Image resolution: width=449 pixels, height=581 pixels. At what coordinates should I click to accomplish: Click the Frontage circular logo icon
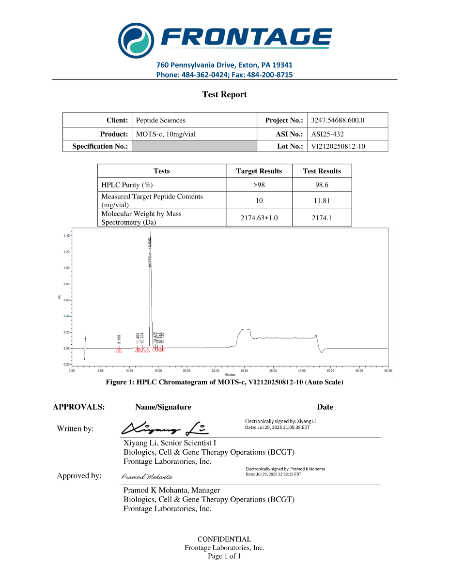[x=137, y=38]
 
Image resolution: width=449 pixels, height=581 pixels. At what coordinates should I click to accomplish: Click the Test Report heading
[x=224, y=94]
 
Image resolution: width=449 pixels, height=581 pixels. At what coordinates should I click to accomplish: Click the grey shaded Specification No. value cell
[x=194, y=146]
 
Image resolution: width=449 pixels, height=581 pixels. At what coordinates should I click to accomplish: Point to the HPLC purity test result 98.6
[x=322, y=185]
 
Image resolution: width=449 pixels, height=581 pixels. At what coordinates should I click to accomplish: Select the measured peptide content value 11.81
[x=322, y=200]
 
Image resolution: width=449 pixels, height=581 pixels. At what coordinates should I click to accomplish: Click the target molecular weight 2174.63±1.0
[x=259, y=218]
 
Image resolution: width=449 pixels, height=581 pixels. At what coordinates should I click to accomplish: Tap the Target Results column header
[x=259, y=171]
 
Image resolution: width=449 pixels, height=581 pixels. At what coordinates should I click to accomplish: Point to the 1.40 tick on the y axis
[x=66, y=236]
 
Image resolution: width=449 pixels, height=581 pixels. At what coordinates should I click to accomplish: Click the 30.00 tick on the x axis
[x=244, y=370]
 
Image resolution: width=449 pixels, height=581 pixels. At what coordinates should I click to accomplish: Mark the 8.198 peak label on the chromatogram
[x=119, y=339]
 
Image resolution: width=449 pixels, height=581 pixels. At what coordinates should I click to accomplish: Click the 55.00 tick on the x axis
[x=387, y=370]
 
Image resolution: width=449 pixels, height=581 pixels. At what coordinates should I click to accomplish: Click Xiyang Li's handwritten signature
[x=165, y=427]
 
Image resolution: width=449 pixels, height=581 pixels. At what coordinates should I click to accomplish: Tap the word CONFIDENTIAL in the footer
[x=224, y=539]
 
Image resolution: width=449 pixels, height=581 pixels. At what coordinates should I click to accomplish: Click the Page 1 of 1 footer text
[x=224, y=556]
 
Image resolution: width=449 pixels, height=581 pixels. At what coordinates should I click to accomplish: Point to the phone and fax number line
[x=224, y=75]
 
